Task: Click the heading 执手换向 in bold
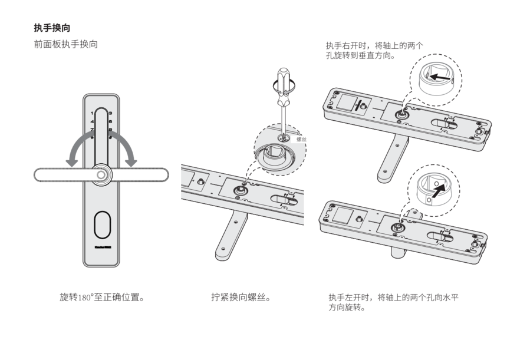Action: click(54, 27)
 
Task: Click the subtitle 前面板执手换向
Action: click(66, 44)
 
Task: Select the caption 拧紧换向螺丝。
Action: click(241, 297)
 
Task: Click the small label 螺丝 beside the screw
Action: click(301, 140)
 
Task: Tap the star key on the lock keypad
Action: click(91, 137)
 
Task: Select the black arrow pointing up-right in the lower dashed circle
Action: click(433, 189)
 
